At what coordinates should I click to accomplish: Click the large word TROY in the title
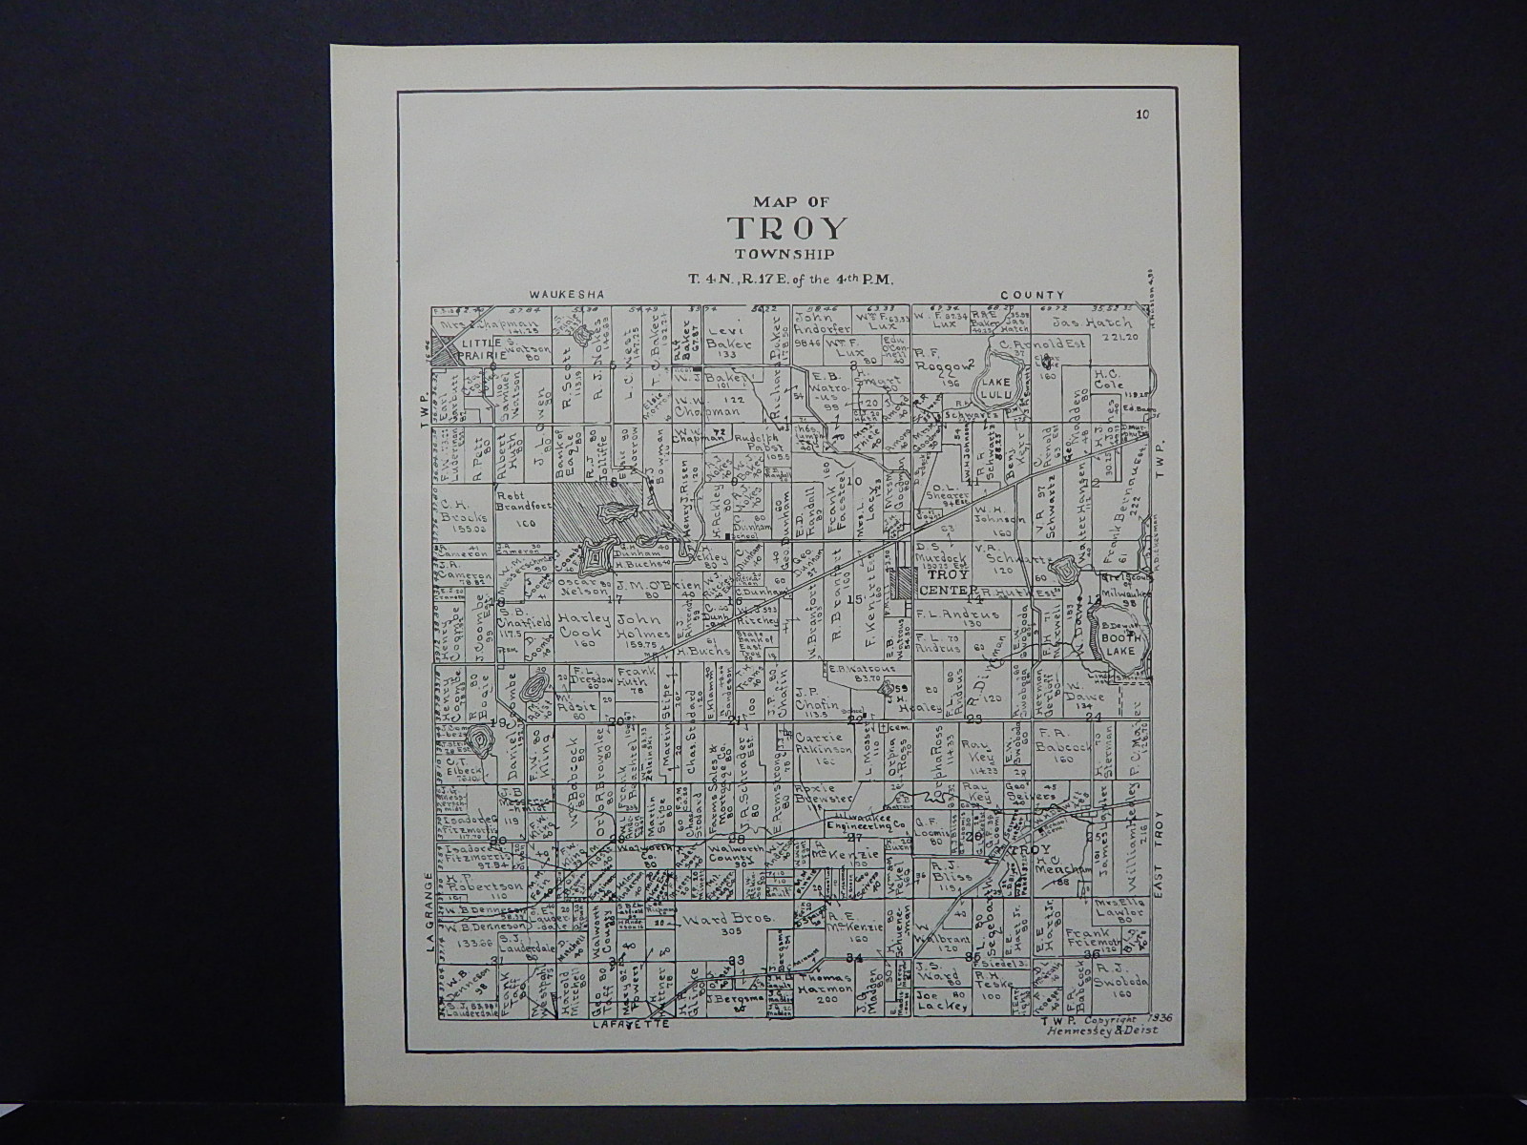[x=787, y=229]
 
